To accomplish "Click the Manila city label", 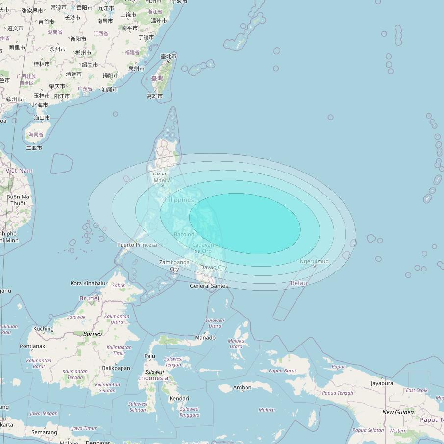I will pos(162,181).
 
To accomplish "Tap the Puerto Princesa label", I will pos(137,245).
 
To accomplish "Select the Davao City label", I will pos(214,267).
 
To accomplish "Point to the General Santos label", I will pos(209,286).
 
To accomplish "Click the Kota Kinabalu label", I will pos(88,283).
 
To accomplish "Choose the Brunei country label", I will pos(89,298).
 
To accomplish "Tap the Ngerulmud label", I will pos(314,261).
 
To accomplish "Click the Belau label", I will pos(299,283).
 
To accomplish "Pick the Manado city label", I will pos(205,338).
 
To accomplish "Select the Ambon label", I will pos(242,388).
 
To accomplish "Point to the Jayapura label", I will pos(382,383).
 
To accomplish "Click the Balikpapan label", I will pos(116,368).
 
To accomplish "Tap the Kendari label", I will pos(179,399).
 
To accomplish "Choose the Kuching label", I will pos(44,329).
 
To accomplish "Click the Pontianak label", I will pos(32,346).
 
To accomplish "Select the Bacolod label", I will pos(184,234).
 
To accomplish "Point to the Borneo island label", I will pos(93,334).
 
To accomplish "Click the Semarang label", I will pos(44,432).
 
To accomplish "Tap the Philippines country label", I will pos(177,200).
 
